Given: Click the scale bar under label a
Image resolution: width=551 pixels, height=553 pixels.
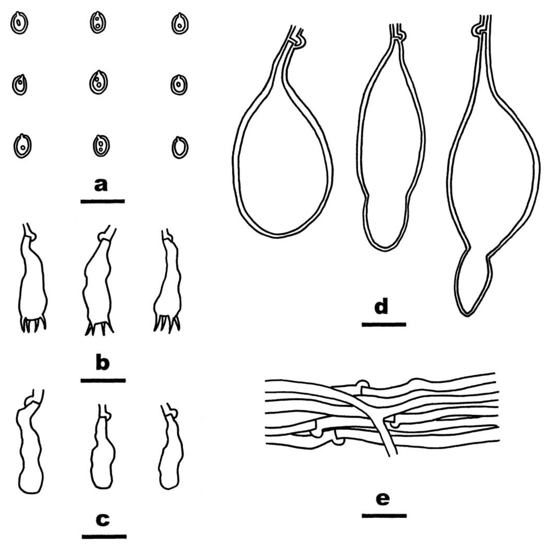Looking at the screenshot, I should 103,201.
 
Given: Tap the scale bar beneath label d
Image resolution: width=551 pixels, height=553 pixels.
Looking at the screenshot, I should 384,324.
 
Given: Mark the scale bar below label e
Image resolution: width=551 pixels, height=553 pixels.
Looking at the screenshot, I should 384,515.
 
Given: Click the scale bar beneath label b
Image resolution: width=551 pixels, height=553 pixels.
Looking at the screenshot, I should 103,380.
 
